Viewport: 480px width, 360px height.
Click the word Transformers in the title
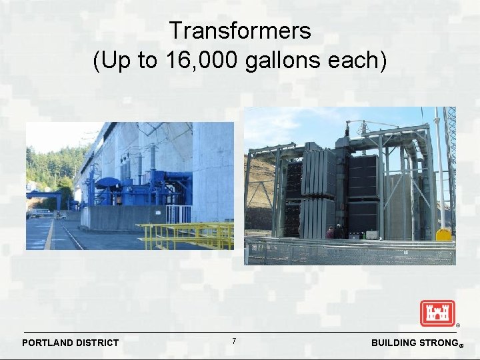tap(239, 31)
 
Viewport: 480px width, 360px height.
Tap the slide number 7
tap(234, 341)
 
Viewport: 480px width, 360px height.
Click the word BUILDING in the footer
tap(393, 343)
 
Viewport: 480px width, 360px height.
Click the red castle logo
tap(437, 313)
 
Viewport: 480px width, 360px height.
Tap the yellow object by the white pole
tap(443, 234)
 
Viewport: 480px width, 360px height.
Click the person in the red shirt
tap(330, 232)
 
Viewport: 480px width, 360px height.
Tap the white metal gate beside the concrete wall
tap(178, 214)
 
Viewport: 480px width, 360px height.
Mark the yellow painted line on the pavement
tap(50, 233)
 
